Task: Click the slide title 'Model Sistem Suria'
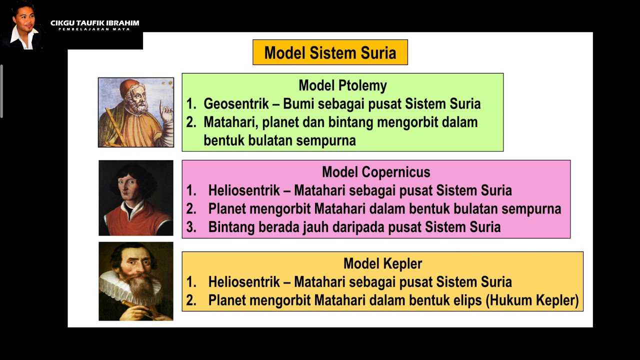pyautogui.click(x=330, y=52)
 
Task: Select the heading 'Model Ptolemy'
pyautogui.click(x=342, y=85)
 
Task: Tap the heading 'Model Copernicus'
pyautogui.click(x=376, y=172)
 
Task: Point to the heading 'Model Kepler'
pyautogui.click(x=382, y=263)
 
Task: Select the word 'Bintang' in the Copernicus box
pyautogui.click(x=231, y=227)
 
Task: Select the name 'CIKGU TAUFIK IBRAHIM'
pyautogui.click(x=94, y=23)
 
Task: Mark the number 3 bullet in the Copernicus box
pyautogui.click(x=191, y=227)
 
